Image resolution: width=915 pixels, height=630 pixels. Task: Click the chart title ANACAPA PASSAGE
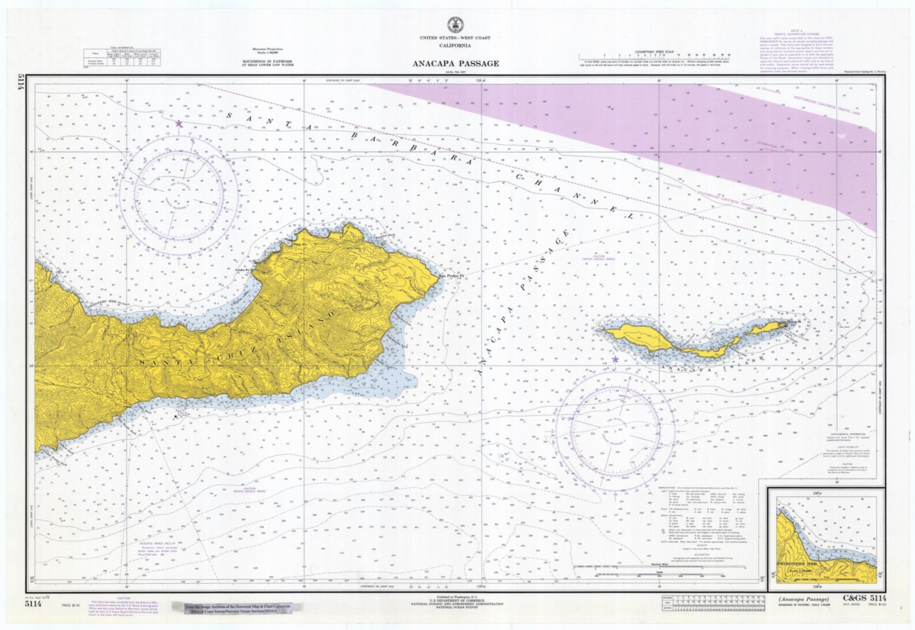pyautogui.click(x=455, y=63)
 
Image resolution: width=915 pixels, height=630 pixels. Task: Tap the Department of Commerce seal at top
pyautogui.click(x=455, y=25)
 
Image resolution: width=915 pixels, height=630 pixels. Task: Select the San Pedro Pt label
pyautogui.click(x=452, y=275)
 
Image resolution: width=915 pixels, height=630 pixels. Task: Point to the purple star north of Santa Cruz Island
pyautogui.click(x=179, y=123)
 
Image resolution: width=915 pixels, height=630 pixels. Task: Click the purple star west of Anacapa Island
pyautogui.click(x=615, y=359)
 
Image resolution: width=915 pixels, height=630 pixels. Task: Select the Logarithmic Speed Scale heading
pyautogui.click(x=654, y=52)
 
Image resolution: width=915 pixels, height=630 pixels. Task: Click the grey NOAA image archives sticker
pyautogui.click(x=237, y=609)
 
